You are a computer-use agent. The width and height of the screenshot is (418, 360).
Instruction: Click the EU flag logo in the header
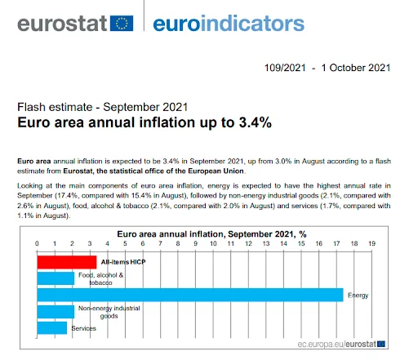[121, 22]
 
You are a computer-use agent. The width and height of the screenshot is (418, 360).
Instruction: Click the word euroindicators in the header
[228, 22]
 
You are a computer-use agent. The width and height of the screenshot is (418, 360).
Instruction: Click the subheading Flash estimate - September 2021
[103, 106]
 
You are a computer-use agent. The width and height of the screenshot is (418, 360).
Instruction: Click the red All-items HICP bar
[66, 262]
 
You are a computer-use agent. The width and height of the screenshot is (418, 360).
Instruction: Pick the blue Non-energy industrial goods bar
[56, 311]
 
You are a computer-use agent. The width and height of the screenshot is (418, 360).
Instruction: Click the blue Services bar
[52, 327]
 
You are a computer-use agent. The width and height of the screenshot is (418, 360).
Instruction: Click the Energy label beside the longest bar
[358, 295]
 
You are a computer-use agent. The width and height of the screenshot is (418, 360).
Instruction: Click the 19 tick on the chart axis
[371, 244]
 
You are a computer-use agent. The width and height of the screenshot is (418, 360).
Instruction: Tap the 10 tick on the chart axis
[213, 244]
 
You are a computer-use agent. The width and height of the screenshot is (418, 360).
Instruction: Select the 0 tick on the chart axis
[37, 244]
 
